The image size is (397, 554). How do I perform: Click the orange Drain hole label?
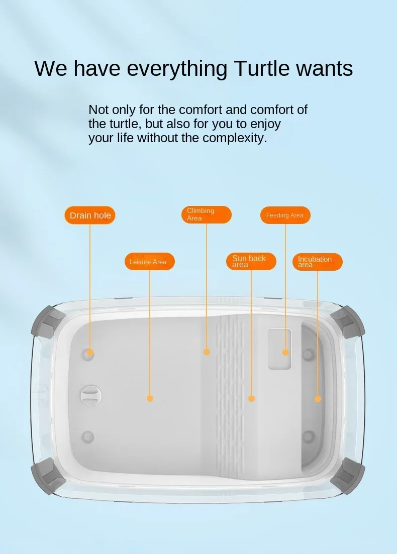tap(90, 215)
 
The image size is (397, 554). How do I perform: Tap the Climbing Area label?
tap(207, 214)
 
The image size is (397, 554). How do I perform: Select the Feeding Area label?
tap(285, 215)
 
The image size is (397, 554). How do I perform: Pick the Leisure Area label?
tap(150, 262)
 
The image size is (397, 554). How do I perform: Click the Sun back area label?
tap(251, 262)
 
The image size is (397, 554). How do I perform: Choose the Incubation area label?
tap(318, 262)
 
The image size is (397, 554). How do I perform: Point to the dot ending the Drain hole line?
tap(90, 353)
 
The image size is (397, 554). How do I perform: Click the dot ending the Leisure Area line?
tap(150, 398)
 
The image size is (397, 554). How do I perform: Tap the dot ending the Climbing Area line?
tap(207, 352)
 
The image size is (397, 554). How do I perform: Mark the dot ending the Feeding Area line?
tap(285, 352)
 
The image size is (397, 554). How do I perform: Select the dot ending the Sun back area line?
tap(251, 398)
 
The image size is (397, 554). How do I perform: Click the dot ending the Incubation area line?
tap(318, 399)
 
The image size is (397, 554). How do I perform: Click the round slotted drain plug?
tap(91, 395)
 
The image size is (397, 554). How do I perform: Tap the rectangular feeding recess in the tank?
tap(279, 349)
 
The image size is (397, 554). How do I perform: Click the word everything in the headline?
tap(177, 69)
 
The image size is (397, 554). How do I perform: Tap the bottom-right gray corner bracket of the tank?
tap(348, 475)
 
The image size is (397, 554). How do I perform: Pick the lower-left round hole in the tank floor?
tap(87, 437)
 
